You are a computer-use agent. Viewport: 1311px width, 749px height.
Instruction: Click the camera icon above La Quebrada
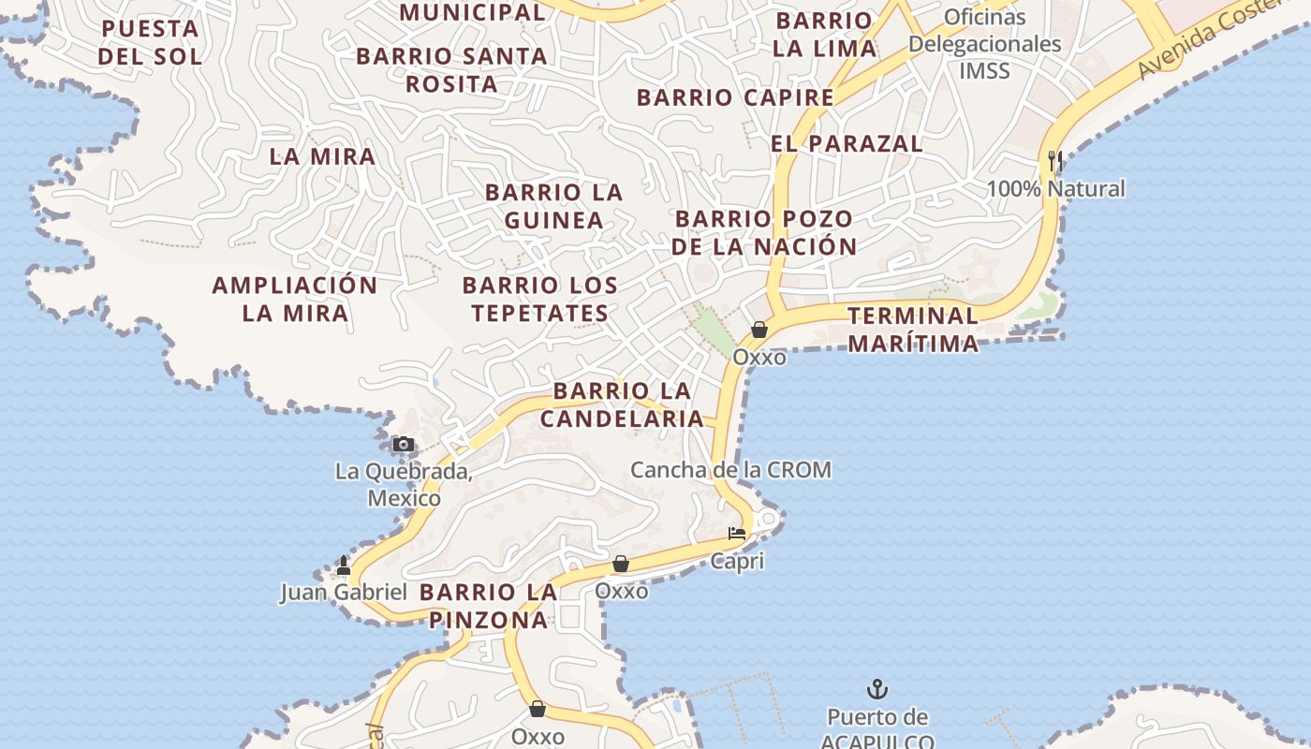[403, 444]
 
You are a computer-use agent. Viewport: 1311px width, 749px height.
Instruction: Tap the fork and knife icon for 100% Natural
[1055, 161]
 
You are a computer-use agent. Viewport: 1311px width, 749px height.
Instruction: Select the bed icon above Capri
[737, 535]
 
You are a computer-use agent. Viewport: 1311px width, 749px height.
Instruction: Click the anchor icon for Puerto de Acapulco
[876, 690]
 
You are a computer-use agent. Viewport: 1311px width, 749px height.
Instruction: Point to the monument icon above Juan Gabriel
[343, 565]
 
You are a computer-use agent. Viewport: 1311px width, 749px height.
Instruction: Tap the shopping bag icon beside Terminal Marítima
[759, 330]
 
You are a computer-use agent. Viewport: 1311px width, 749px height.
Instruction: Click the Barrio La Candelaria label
[621, 404]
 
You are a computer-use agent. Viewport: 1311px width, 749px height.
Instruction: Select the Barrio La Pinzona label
[489, 606]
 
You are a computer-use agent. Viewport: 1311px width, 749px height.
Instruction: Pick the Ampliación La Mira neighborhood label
[295, 299]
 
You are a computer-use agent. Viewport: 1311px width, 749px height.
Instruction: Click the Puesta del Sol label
[150, 42]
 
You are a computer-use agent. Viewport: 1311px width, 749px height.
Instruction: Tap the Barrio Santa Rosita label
[451, 70]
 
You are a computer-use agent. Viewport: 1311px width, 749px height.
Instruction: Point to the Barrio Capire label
[735, 97]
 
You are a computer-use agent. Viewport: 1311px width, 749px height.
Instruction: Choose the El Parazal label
[847, 143]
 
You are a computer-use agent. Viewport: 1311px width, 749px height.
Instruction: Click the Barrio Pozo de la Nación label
[763, 232]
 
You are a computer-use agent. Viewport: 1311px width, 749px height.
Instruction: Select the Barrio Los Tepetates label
[540, 299]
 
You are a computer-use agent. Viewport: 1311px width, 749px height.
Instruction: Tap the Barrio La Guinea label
[553, 206]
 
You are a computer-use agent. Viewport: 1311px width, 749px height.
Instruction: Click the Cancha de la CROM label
[730, 470]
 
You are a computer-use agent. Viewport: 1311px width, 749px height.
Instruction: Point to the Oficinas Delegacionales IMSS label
[984, 44]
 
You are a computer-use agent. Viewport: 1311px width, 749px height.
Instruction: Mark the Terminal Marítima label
[913, 330]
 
